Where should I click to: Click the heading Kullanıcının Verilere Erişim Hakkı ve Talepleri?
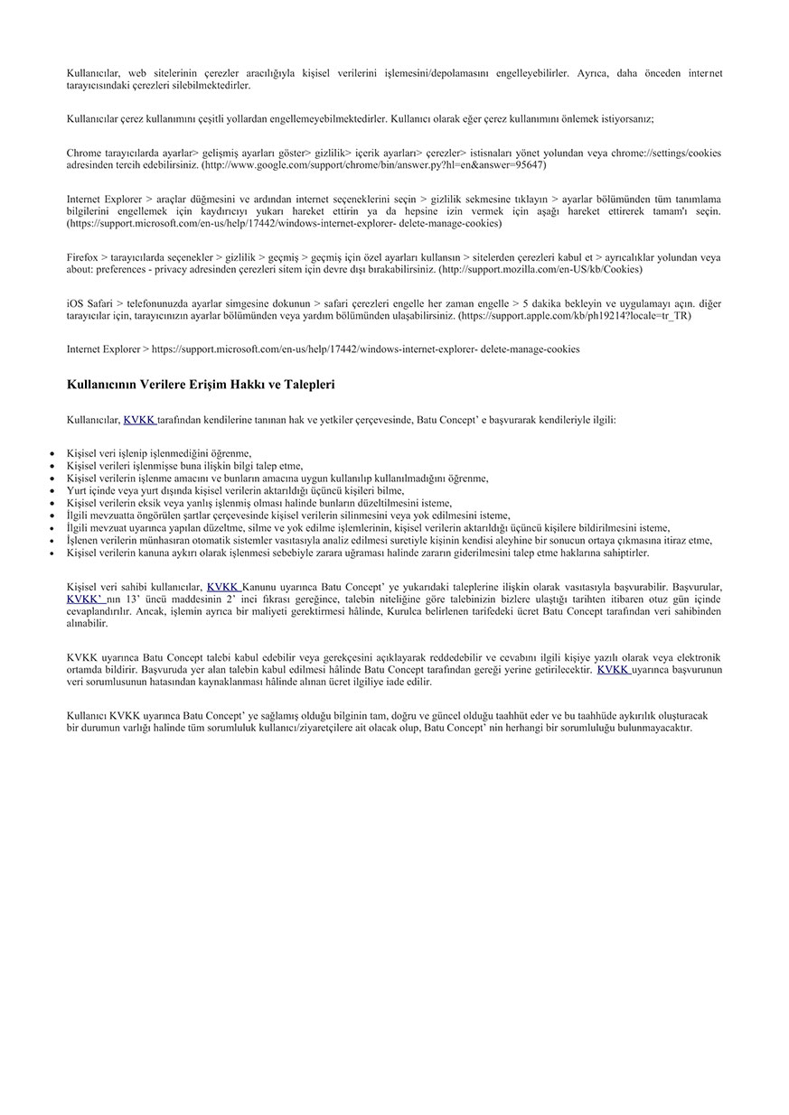[x=201, y=385]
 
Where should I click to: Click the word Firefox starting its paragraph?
[x=82, y=257]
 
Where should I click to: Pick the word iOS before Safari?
[x=75, y=303]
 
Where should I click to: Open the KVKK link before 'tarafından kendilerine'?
[x=139, y=420]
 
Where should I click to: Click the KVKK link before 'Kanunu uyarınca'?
[x=223, y=588]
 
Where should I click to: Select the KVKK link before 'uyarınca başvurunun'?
[x=613, y=670]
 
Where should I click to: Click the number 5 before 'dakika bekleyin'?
[x=526, y=303]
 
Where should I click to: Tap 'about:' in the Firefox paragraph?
[x=80, y=270]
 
